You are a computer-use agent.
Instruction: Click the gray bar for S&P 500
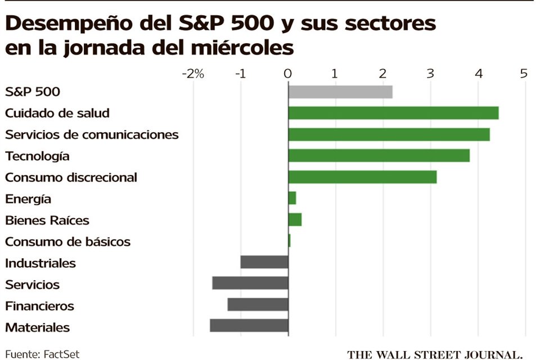click(340, 92)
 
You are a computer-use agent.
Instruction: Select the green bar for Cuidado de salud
click(393, 113)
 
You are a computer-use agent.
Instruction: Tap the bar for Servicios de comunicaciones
click(389, 134)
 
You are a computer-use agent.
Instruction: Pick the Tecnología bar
click(379, 156)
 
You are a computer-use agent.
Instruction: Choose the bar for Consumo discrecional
click(362, 177)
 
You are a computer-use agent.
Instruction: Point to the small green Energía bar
click(292, 199)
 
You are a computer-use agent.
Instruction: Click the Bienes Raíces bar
click(295, 220)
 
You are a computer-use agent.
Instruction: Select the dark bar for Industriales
click(264, 263)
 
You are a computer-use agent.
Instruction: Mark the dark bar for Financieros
click(258, 305)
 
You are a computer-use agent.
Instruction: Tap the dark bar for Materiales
click(249, 326)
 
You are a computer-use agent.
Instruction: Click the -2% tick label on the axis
click(192, 74)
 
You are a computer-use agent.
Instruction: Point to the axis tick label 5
click(524, 74)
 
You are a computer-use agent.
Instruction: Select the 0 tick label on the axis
click(288, 74)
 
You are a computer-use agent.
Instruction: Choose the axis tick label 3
click(430, 74)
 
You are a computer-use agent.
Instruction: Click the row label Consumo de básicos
click(67, 242)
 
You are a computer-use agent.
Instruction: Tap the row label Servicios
click(32, 285)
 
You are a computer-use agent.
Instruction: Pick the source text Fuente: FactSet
click(43, 354)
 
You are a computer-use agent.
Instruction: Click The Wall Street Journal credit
click(435, 355)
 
